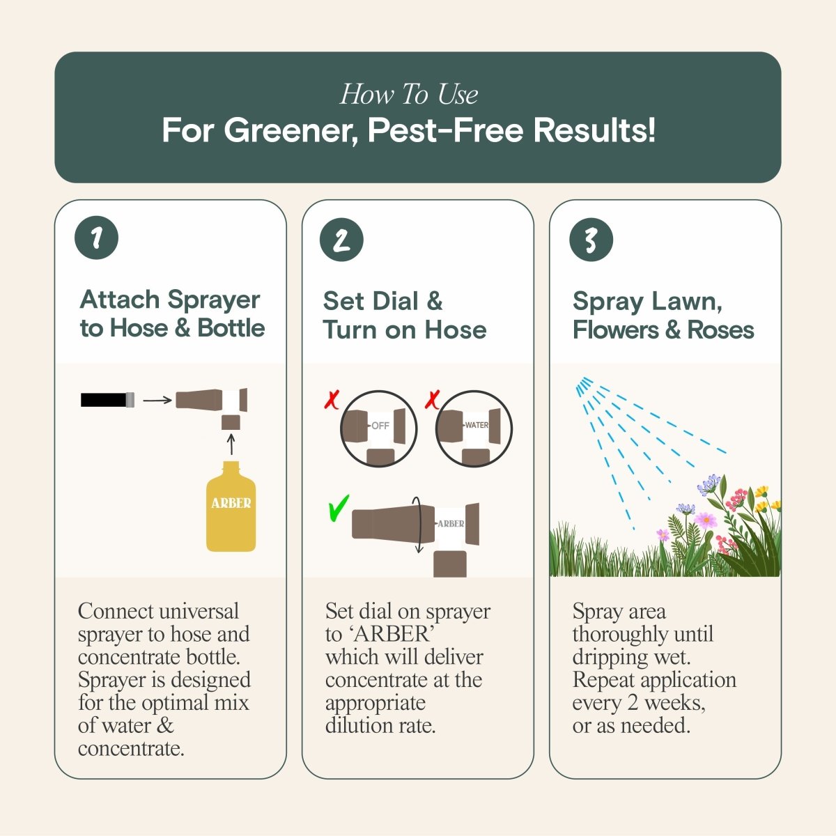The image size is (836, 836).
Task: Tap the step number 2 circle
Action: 341,240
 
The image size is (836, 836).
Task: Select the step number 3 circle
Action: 591,240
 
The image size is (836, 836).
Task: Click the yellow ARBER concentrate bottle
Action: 231,507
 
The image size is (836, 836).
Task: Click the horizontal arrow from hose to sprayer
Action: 157,400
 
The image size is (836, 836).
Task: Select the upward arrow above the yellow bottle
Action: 231,444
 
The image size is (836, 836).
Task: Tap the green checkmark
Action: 338,509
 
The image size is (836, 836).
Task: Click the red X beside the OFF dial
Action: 332,400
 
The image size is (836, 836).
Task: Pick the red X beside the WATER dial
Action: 433,399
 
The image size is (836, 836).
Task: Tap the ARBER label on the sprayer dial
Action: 451,523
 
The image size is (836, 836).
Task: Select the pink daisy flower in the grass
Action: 705,520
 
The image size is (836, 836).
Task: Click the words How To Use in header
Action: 409,94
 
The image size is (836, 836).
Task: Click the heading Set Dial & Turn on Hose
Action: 404,315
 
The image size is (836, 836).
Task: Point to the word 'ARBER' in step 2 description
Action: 392,634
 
